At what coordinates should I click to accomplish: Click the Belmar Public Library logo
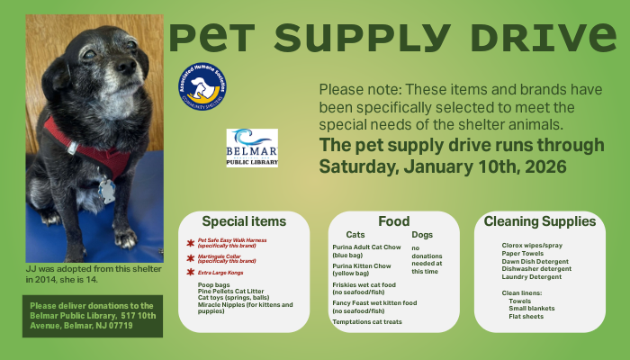click(x=252, y=148)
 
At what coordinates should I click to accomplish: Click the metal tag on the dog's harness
click(x=106, y=190)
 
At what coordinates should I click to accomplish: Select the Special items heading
click(x=244, y=221)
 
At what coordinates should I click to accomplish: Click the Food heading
click(x=393, y=221)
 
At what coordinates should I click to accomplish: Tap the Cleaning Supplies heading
click(x=539, y=221)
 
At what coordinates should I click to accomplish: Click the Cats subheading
click(x=355, y=234)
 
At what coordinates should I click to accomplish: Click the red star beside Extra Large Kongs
click(x=190, y=271)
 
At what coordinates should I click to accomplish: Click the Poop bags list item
click(x=213, y=284)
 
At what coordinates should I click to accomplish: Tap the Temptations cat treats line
click(x=367, y=321)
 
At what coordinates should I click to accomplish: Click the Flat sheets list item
click(x=526, y=316)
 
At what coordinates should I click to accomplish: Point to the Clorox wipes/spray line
click(x=533, y=245)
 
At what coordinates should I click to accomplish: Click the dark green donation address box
click(x=93, y=316)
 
